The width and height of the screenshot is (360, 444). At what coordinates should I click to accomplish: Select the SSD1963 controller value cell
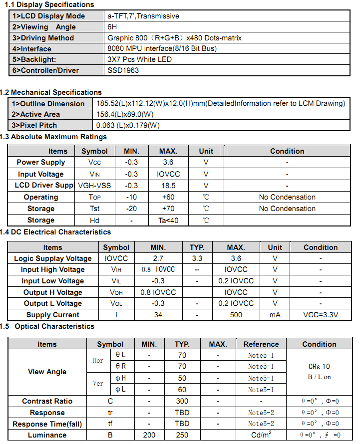(123, 70)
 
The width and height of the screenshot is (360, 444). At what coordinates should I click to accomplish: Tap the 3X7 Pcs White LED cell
(139, 59)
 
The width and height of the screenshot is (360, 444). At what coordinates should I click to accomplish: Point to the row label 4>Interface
(31, 49)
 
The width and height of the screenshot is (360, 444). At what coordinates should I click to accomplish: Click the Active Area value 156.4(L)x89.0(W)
(124, 114)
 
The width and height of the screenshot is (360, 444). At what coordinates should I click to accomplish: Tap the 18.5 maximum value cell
(168, 186)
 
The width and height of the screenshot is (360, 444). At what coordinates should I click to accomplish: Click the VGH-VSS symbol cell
(94, 186)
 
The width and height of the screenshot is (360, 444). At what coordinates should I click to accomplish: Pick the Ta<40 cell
(168, 220)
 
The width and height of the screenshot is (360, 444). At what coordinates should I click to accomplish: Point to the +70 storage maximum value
(168, 209)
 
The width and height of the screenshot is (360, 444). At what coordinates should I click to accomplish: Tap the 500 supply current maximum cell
(236, 315)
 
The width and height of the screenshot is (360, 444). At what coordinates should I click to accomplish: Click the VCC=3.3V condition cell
(321, 315)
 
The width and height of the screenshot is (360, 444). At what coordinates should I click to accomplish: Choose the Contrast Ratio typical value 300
(182, 401)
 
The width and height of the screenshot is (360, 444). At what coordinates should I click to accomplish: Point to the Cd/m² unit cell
(261, 435)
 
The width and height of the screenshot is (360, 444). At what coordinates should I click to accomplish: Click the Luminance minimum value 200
(149, 435)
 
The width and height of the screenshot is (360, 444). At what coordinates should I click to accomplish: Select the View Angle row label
(47, 372)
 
